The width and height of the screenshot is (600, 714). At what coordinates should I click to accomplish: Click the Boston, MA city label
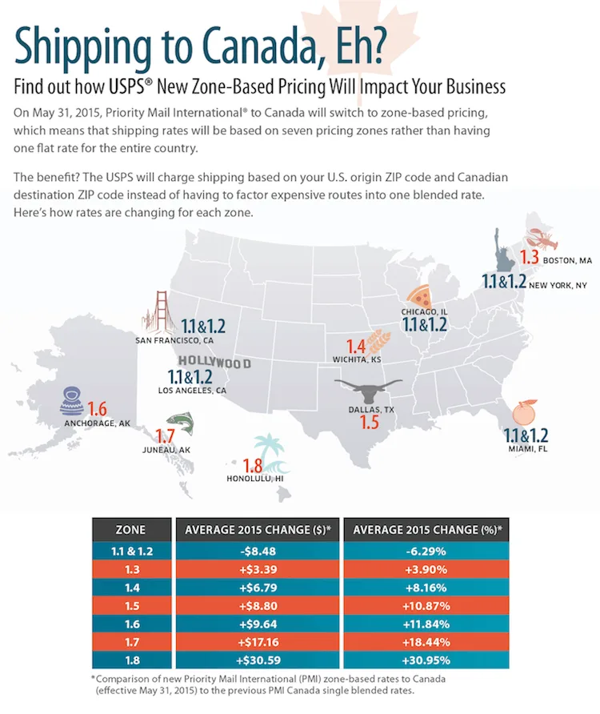567,260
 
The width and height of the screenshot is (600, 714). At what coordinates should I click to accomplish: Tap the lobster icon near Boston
537,239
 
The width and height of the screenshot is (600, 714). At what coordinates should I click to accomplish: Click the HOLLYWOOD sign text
214,363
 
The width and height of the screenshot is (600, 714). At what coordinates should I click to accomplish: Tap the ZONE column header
131,529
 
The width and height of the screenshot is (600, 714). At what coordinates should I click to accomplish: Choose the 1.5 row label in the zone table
131,606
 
